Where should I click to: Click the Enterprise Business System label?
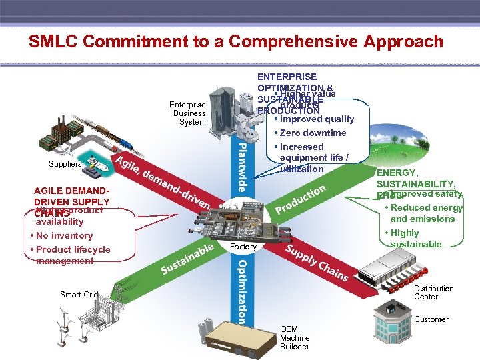187,113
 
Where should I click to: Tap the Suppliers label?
65,164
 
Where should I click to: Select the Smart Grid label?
79,294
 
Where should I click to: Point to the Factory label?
243,247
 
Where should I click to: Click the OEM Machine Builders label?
294,338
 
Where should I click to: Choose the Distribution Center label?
433,293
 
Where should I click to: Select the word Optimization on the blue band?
241,291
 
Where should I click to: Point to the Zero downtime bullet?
312,133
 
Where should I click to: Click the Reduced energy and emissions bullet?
425,213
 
